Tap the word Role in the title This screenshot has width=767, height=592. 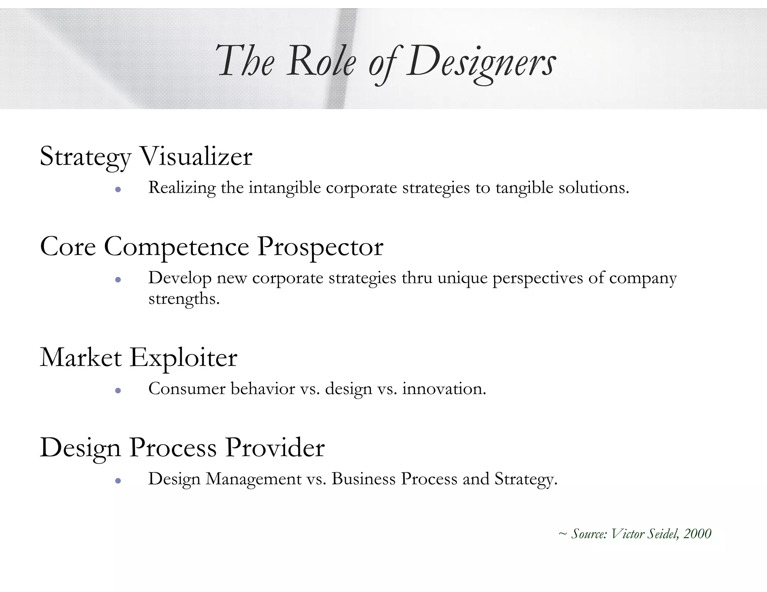pyautogui.click(x=321, y=62)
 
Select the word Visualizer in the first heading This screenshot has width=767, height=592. pyautogui.click(x=196, y=156)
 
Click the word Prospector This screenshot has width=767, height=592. pyautogui.click(x=320, y=247)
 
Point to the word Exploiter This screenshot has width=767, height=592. pyautogui.click(x=184, y=358)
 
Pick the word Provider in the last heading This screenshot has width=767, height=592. pyautogui.click(x=275, y=448)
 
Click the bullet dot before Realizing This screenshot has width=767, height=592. pyautogui.click(x=118, y=189)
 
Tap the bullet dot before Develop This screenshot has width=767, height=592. pyautogui.click(x=118, y=280)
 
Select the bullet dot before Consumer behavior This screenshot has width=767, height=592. pyautogui.click(x=118, y=391)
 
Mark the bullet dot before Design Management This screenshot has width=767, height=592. pyautogui.click(x=118, y=481)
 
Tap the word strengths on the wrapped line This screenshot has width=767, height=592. pyautogui.click(x=184, y=299)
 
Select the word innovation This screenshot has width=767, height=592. pyautogui.click(x=444, y=389)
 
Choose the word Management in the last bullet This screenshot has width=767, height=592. pyautogui.click(x=254, y=479)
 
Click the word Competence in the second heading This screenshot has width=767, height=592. pyautogui.click(x=176, y=247)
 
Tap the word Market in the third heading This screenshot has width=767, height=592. pyautogui.click(x=81, y=358)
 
